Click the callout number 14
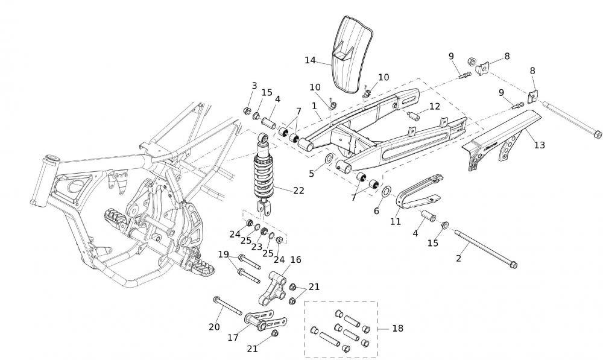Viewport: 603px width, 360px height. (310, 60)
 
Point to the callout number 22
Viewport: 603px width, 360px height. (298, 191)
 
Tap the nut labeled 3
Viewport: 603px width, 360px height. (247, 111)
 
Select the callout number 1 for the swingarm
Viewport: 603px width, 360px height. (314, 106)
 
